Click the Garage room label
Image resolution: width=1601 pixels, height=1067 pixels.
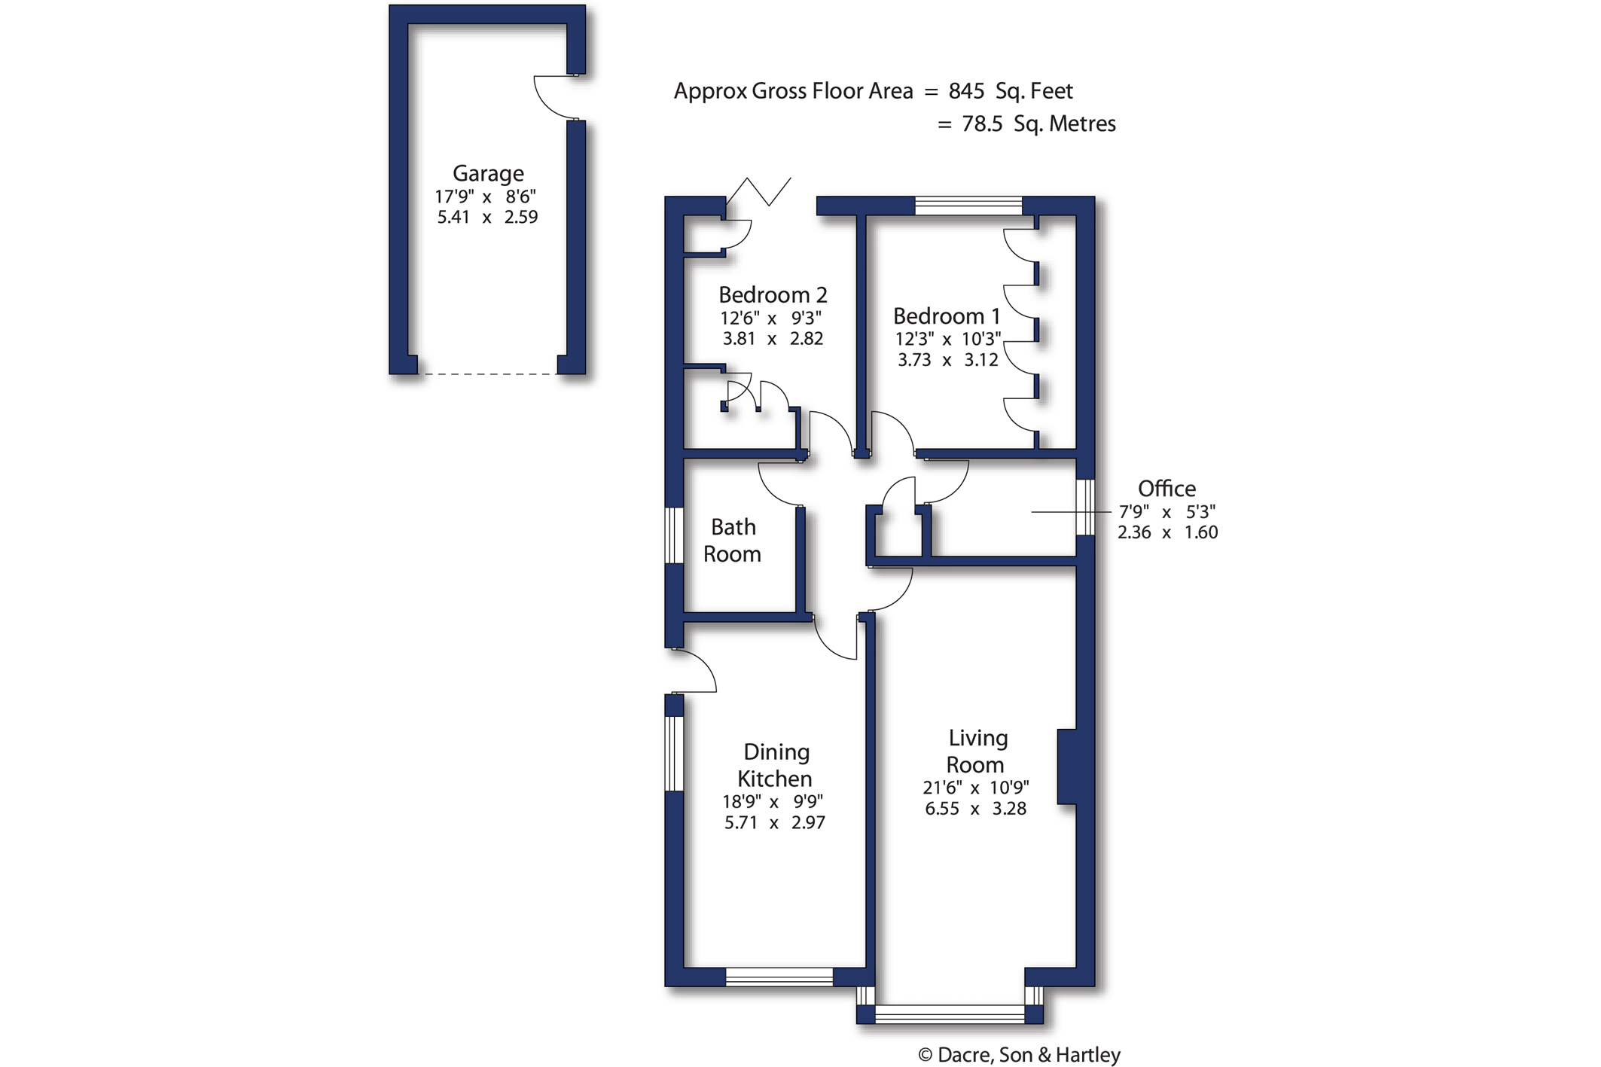click(488, 174)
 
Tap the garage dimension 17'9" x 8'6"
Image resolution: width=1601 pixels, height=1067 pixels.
click(486, 197)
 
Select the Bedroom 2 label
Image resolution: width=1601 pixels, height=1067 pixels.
click(773, 294)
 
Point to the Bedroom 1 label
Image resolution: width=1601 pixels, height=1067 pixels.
click(947, 316)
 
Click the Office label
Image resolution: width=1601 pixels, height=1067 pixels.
click(1166, 488)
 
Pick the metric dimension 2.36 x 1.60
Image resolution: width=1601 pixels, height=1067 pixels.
click(1167, 532)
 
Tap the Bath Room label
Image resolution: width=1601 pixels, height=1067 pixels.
click(732, 540)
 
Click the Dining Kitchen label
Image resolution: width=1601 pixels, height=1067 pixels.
click(776, 764)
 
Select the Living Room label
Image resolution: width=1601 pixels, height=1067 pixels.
click(976, 751)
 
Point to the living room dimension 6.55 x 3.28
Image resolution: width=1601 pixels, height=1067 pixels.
click(976, 809)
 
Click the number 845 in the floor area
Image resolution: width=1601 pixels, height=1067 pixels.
click(966, 91)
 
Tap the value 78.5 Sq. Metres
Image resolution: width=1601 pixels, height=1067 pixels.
click(1039, 123)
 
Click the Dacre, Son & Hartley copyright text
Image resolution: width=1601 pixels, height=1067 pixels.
click(1020, 1055)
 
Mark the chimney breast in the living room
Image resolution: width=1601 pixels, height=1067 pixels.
click(1066, 767)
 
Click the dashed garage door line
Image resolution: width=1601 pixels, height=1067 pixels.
click(487, 373)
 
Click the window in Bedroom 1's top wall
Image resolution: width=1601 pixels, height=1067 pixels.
click(968, 206)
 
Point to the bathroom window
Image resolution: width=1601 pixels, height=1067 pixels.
click(674, 535)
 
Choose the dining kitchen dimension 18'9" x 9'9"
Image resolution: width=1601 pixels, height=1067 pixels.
click(773, 802)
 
